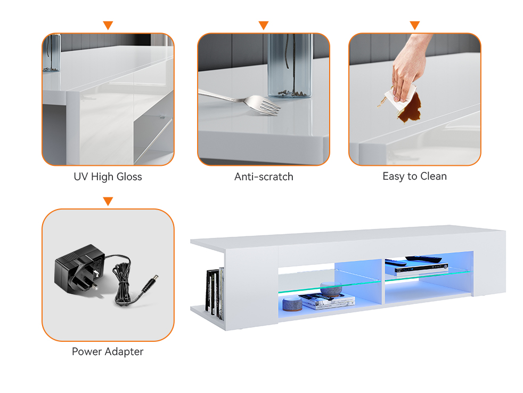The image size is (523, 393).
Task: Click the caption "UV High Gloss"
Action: coord(108,177)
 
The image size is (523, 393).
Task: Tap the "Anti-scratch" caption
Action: coord(264,177)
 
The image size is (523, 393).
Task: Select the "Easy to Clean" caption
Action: coord(414,176)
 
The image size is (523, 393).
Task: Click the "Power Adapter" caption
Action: coord(108,351)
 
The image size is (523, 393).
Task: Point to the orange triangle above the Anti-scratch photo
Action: coord(264,26)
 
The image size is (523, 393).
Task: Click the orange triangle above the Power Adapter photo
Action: coord(108,201)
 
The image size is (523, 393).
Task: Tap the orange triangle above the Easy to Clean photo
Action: coord(414,26)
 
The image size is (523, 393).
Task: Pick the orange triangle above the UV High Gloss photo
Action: coord(108,26)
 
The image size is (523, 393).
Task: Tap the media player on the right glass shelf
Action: coord(421,268)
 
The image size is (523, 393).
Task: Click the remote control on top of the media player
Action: coord(423,258)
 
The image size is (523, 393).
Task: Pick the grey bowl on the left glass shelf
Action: coord(331,289)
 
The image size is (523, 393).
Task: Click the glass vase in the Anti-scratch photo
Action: coord(290,66)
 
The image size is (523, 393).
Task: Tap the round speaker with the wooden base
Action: coord(292,304)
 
